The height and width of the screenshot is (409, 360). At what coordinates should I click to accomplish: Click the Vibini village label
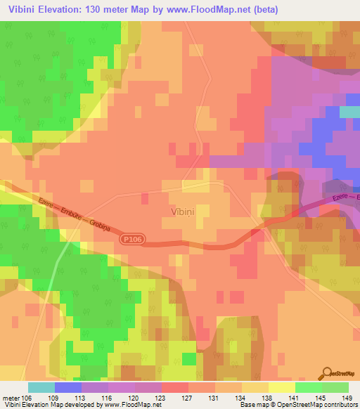pos(184,210)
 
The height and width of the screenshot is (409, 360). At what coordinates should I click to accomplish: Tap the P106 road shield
pos(129,240)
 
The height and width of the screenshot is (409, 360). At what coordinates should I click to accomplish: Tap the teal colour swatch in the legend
pos(41,387)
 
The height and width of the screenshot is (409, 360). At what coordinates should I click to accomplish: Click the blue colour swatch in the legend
pos(68,387)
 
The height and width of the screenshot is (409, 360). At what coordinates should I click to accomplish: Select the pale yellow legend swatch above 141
pos(281,387)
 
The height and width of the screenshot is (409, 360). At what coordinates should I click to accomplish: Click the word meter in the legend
pos(12,397)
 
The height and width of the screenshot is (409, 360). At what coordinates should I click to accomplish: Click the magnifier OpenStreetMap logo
pos(327,373)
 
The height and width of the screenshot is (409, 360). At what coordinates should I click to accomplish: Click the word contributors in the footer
pos(339,405)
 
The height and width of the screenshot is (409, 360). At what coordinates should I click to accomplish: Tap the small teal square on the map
pos(349,112)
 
